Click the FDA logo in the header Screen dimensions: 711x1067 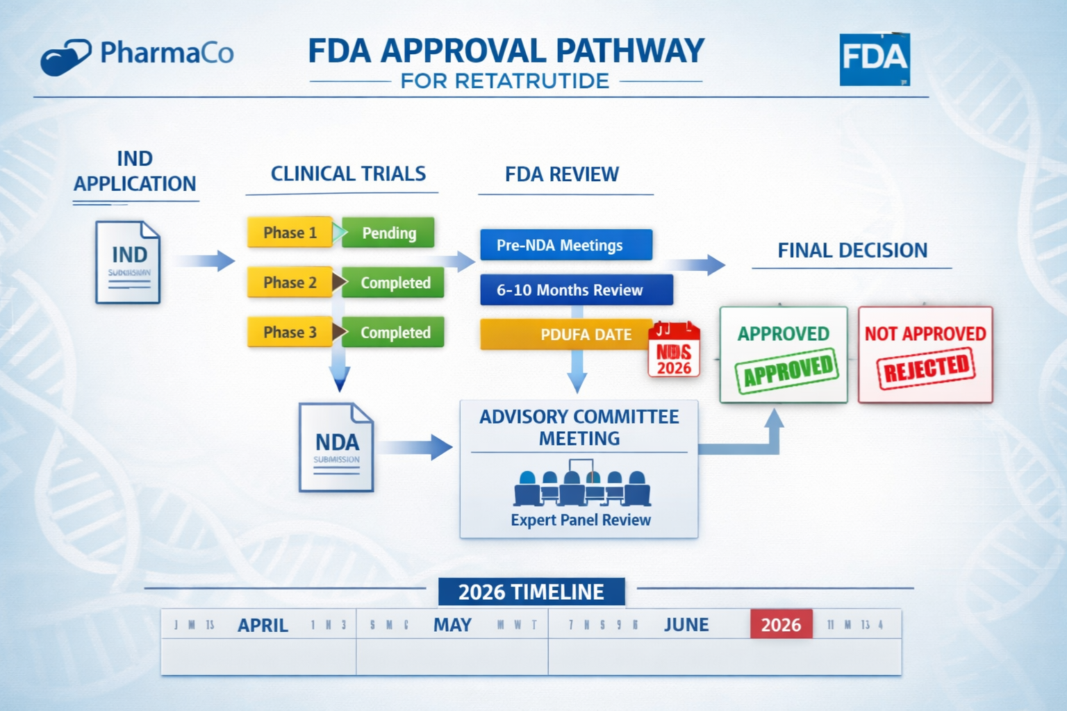[875, 60]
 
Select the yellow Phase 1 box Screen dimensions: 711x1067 [290, 233]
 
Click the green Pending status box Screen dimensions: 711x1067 [388, 233]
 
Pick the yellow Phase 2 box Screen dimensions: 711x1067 [290, 283]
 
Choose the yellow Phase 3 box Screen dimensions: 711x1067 [290, 333]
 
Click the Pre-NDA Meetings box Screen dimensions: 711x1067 [565, 245]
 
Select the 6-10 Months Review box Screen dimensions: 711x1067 [576, 290]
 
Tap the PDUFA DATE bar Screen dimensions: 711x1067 [566, 335]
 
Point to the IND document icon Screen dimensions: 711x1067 [128, 262]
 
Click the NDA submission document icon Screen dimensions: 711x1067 [336, 447]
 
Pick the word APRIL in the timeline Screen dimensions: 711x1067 [263, 625]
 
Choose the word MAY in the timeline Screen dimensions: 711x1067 [452, 625]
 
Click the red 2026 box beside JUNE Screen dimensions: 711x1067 [781, 624]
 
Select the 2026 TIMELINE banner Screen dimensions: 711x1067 [531, 592]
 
